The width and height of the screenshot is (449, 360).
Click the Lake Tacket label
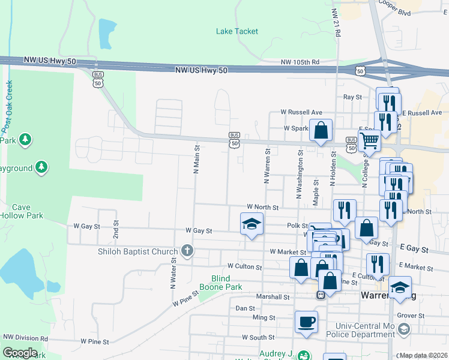pyautogui.click(x=237, y=31)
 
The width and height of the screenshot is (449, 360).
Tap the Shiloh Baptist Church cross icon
pyautogui.click(x=187, y=251)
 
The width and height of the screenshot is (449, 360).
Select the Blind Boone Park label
pyautogui.click(x=226, y=283)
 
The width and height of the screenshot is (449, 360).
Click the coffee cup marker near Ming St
pyautogui.click(x=306, y=322)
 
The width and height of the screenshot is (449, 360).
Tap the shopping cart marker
pyautogui.click(x=369, y=141)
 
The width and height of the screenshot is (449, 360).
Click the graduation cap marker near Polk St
pyautogui.click(x=252, y=224)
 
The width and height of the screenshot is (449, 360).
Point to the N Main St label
pyautogui.click(x=196, y=158)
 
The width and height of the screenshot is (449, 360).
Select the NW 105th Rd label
pyautogui.click(x=301, y=62)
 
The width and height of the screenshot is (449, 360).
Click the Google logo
pyautogui.click(x=20, y=353)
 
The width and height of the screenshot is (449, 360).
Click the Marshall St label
pyautogui.click(x=273, y=296)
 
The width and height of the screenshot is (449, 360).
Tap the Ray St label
pyautogui.click(x=352, y=97)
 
